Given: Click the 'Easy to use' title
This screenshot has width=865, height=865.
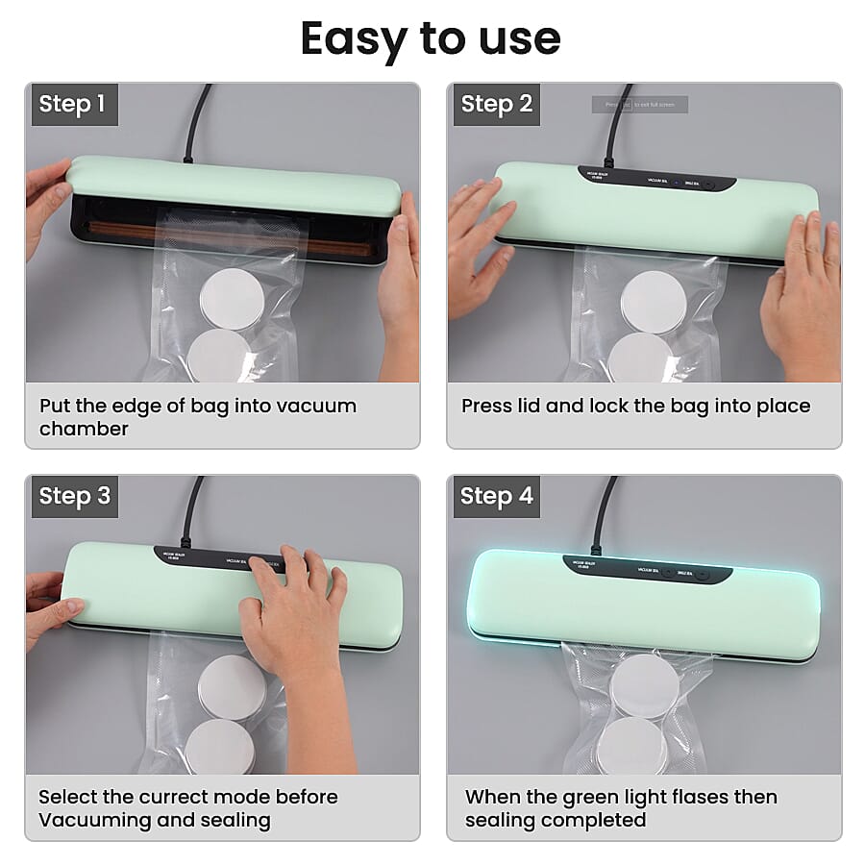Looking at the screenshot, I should [x=431, y=38].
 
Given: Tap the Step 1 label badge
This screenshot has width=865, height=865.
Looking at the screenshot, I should [x=72, y=104].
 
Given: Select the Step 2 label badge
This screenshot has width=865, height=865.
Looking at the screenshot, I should [x=496, y=104].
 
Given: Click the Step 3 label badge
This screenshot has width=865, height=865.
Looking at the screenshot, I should [x=74, y=496].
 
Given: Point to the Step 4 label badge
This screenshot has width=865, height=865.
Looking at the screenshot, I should [x=496, y=496].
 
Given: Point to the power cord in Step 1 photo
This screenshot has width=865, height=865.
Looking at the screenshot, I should [x=198, y=120].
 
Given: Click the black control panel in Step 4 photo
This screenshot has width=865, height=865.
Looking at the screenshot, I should [x=647, y=569].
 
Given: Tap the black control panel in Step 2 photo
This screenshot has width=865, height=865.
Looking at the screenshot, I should [x=656, y=179].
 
